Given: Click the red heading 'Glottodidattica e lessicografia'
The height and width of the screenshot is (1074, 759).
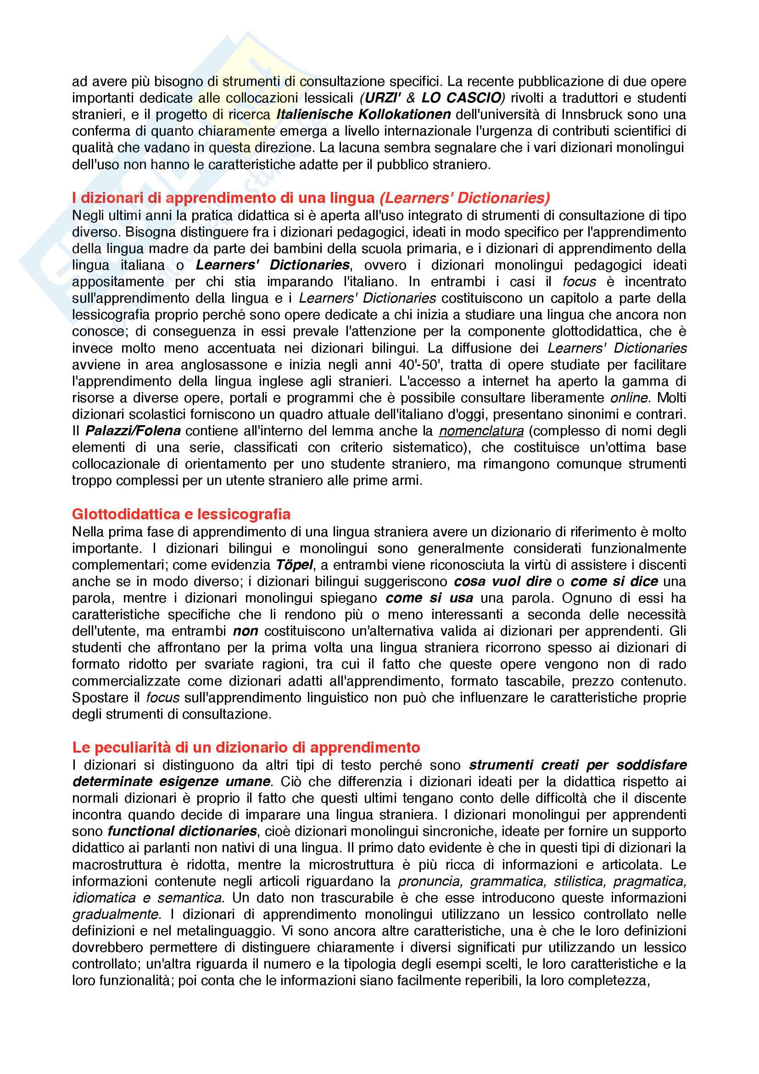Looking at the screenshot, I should (x=181, y=515).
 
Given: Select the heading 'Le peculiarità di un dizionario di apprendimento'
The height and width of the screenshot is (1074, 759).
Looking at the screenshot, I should (x=246, y=748).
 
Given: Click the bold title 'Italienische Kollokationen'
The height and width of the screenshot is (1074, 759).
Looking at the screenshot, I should (x=363, y=115).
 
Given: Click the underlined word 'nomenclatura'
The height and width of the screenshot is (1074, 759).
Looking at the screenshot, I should (x=481, y=431).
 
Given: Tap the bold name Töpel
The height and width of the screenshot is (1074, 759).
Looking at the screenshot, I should (x=294, y=565).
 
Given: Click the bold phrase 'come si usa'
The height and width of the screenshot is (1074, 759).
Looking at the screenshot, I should (x=429, y=598).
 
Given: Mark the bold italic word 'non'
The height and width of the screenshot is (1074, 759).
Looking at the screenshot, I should (x=246, y=631).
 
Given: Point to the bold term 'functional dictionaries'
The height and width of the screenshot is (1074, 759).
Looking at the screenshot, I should (x=182, y=831).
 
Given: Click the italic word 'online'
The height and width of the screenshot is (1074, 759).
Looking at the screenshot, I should (x=629, y=398).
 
